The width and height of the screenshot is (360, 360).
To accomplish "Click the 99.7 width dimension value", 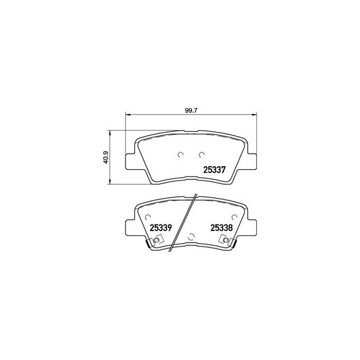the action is tap(191, 110).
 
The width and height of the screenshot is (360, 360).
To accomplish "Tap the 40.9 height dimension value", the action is tap(106, 157).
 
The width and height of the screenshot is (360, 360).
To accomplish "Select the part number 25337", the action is tap(215, 170).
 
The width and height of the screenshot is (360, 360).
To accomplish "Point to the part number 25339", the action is tap(161, 228).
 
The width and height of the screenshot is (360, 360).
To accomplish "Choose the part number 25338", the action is tap(221, 228).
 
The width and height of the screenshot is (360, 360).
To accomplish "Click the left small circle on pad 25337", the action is tap(181, 155).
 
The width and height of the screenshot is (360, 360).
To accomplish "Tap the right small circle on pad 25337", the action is tap(202, 155).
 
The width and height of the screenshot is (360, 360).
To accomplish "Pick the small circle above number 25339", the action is tap(148, 217).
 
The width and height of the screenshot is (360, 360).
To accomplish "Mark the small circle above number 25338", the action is tap(234, 217).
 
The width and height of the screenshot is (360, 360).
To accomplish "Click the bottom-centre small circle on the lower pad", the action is tap(191, 237).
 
